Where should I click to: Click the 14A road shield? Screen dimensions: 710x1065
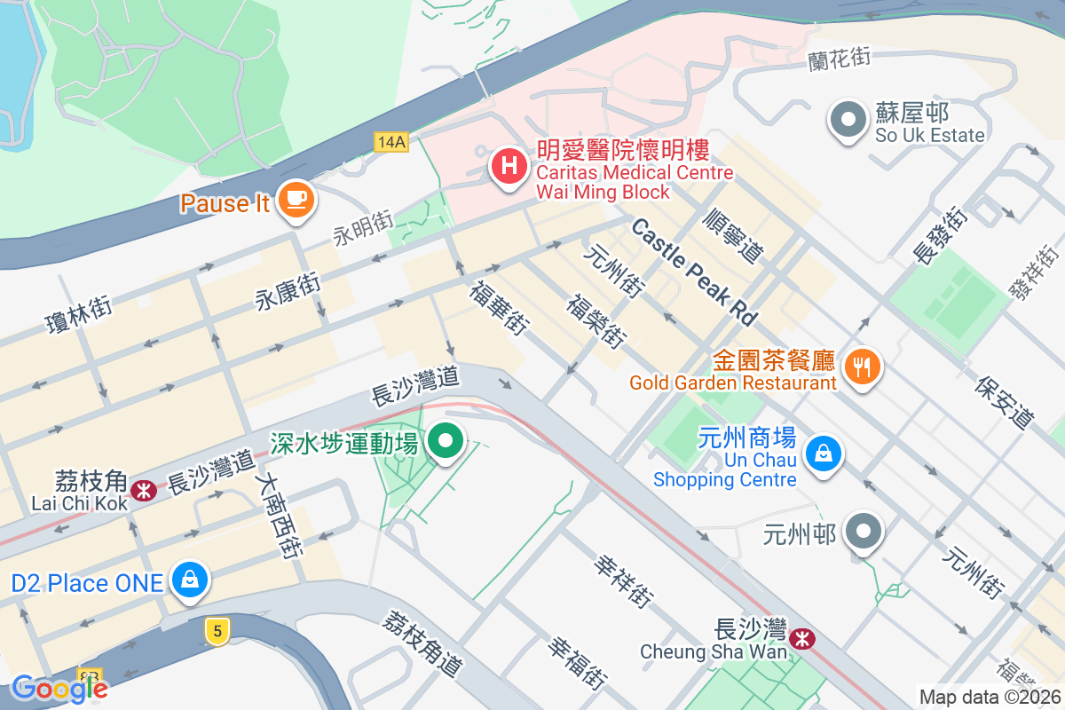coord(390,142)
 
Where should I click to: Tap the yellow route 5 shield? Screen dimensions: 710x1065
coord(217,631)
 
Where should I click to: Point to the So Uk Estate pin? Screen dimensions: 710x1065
coord(848,120)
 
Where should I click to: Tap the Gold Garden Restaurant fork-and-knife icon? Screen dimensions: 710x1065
coord(861,365)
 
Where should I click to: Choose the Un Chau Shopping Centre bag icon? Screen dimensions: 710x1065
coord(824,454)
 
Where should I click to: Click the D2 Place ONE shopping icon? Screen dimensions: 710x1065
coord(189,580)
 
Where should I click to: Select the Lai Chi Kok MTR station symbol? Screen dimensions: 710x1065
coord(142,490)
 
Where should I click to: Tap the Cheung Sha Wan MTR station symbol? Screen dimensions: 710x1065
coord(803,638)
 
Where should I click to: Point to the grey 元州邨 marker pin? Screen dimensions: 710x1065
coord(864,533)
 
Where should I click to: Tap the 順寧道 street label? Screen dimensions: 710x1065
coord(733,234)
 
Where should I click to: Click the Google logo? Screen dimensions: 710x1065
coord(59,689)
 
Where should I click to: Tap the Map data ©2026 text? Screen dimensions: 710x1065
coord(990,697)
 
